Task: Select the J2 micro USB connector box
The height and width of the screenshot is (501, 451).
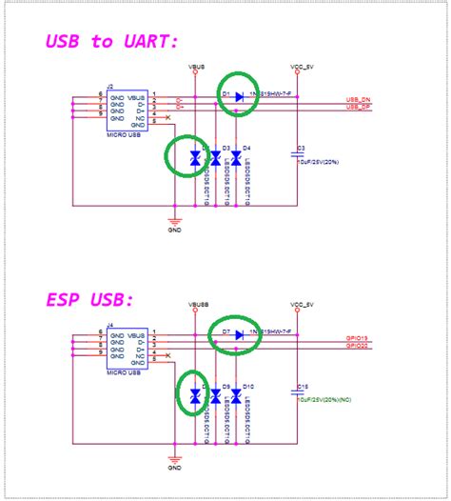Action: tap(125, 110)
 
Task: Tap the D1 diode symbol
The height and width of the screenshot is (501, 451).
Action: tap(240, 96)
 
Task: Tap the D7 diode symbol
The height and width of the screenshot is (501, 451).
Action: tap(240, 335)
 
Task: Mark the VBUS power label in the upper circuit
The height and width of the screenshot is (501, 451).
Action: tap(195, 68)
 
